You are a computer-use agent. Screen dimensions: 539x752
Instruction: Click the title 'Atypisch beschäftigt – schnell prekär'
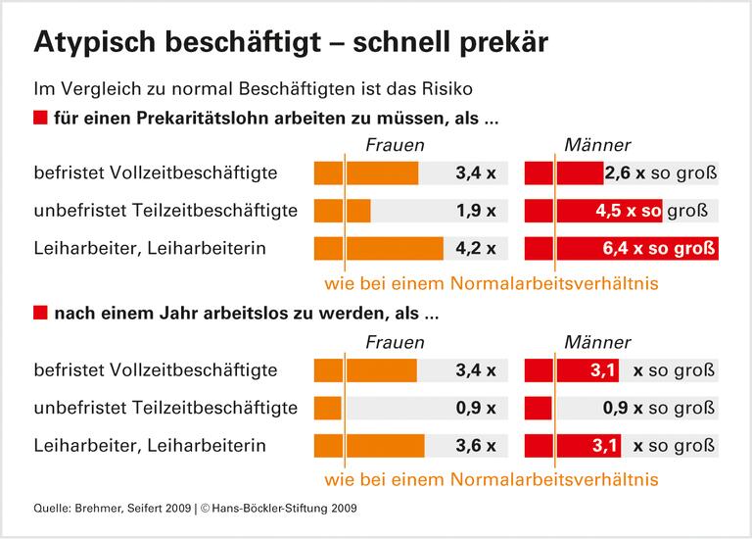tap(291, 42)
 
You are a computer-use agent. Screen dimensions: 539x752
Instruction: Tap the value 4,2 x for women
tap(477, 249)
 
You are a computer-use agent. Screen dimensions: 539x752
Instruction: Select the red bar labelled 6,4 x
tap(621, 249)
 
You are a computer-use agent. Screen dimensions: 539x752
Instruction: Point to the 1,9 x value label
tap(477, 211)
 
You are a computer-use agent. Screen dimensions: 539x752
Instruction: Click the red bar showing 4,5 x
tap(593, 211)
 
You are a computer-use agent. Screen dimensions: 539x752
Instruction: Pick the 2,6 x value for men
tap(624, 173)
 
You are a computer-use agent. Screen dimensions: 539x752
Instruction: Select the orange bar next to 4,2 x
tap(378, 249)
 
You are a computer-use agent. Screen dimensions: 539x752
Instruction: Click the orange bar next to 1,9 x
tap(342, 211)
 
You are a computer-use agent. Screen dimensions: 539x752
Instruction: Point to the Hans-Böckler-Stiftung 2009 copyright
tap(279, 508)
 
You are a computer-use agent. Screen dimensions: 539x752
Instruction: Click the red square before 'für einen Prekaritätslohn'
tap(40, 120)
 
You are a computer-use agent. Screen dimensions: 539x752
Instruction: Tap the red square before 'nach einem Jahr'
tap(40, 316)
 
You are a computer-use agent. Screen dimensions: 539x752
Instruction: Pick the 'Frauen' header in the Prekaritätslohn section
tap(395, 145)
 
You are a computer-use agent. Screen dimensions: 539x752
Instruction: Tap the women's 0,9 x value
tap(477, 407)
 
